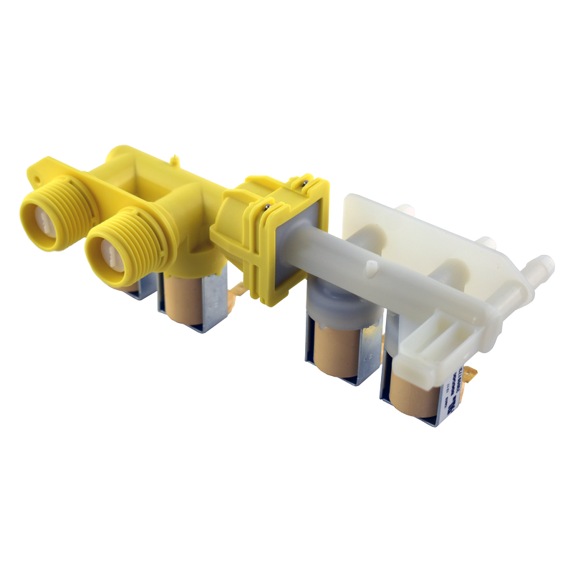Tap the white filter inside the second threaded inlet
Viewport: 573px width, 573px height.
tap(110, 251)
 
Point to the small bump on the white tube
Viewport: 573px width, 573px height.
tap(371, 269)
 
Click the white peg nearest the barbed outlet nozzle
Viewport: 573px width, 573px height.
tap(487, 244)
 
